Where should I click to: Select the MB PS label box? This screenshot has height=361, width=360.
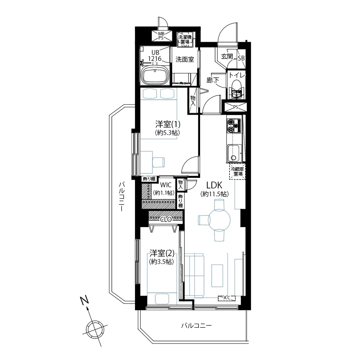click(x=161, y=36)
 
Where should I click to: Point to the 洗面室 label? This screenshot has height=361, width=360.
click(x=185, y=59)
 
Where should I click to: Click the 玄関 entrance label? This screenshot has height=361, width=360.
click(x=227, y=56)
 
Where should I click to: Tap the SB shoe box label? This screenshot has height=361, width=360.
click(x=241, y=58)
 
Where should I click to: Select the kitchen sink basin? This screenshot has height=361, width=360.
click(x=234, y=153)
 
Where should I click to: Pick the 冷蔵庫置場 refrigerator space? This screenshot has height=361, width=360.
click(x=237, y=171)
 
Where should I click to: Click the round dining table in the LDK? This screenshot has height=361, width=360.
click(x=219, y=220)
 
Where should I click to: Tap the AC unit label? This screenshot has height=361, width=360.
click(x=227, y=298)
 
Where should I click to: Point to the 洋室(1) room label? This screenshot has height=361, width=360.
click(x=168, y=124)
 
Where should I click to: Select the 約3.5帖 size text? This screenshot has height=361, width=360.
click(x=161, y=262)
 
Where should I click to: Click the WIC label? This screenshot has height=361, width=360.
click(x=166, y=185)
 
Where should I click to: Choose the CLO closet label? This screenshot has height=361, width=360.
click(x=166, y=220)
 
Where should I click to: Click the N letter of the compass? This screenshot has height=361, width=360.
click(x=84, y=301)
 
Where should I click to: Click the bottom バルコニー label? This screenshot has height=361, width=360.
click(x=196, y=326)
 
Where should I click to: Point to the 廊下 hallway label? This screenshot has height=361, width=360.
click(x=213, y=80)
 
